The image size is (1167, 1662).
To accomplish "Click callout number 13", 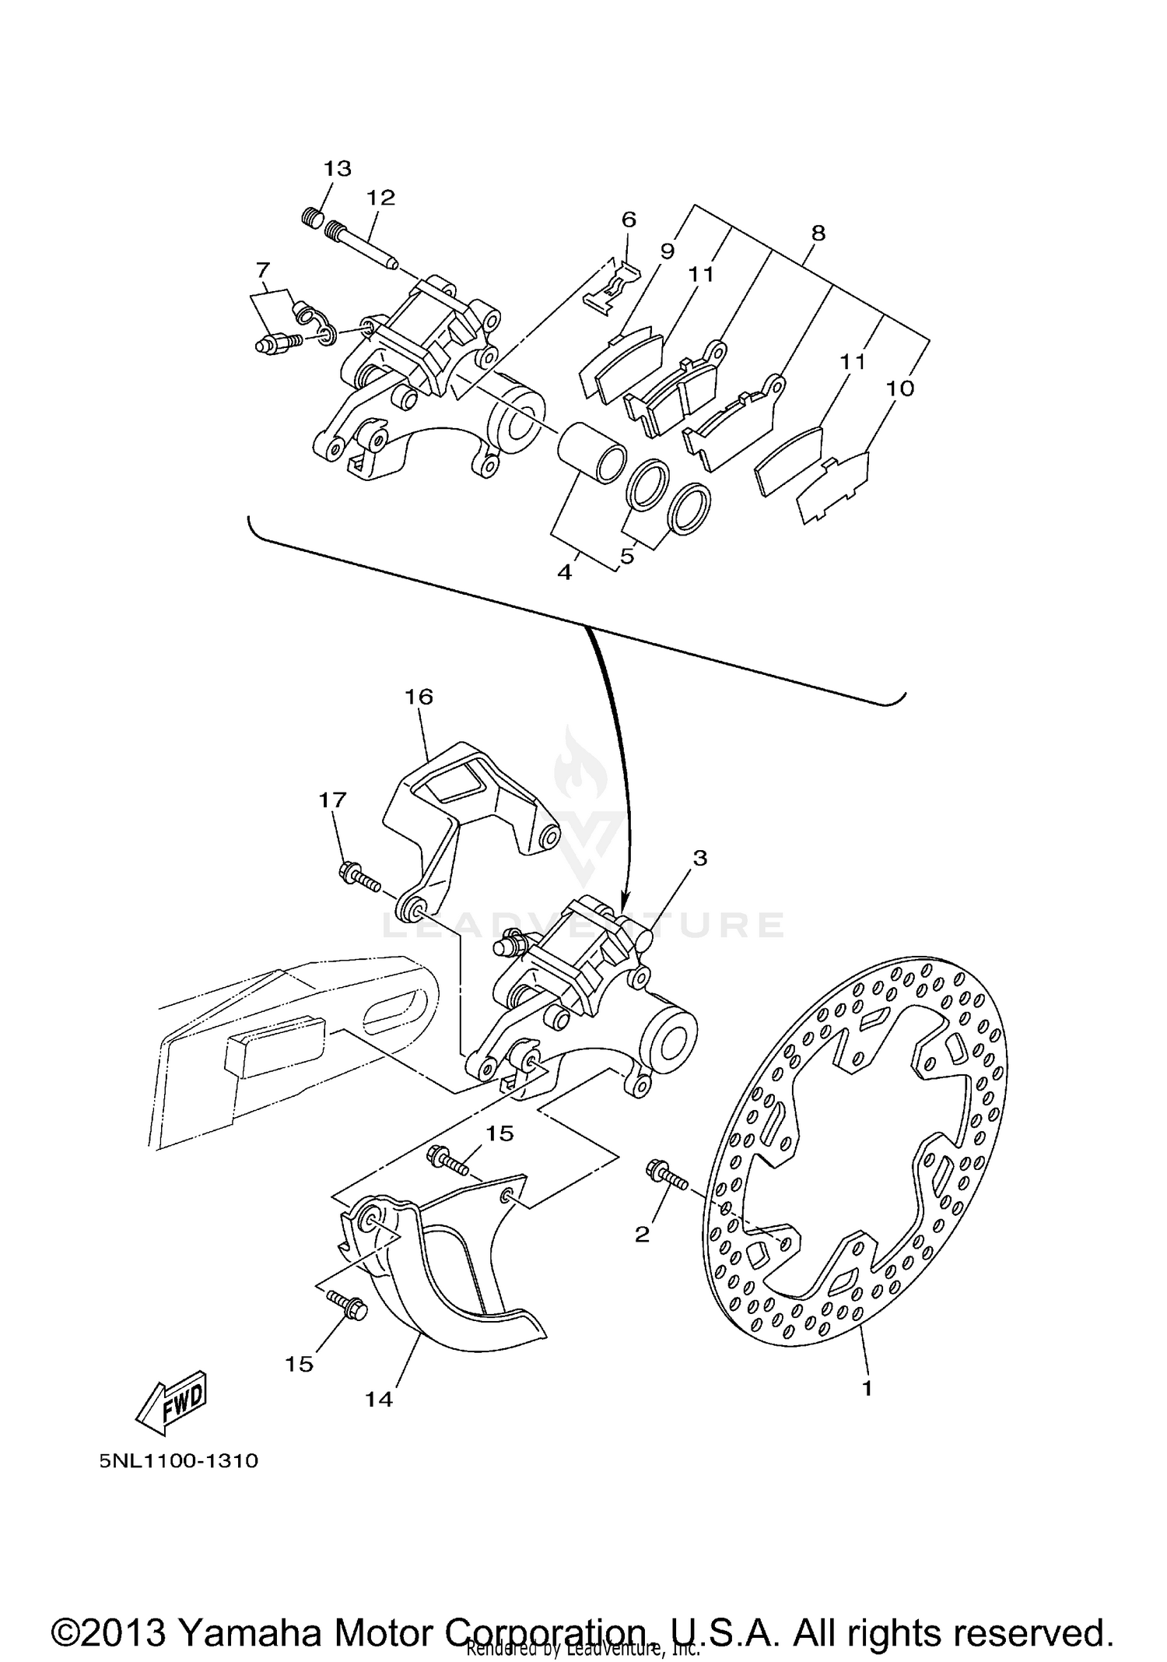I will click(338, 168).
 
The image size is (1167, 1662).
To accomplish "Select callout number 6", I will click(629, 220).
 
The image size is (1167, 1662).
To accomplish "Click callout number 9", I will click(668, 251).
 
